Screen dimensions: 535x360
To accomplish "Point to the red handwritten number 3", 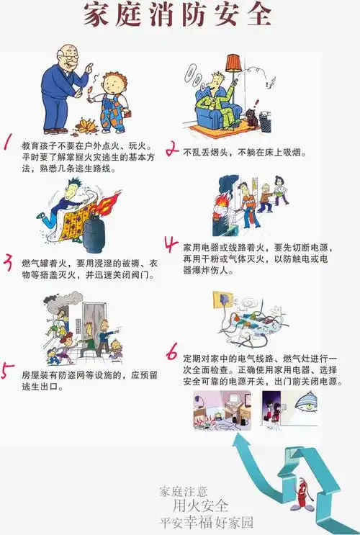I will coord(9,261).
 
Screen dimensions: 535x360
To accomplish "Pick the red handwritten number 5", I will coord(6,372).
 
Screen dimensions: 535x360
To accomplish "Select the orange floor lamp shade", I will coord(234,63).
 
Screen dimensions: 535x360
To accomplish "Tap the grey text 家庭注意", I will coord(184,491).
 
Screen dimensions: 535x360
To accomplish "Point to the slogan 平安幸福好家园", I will coord(207,521).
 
